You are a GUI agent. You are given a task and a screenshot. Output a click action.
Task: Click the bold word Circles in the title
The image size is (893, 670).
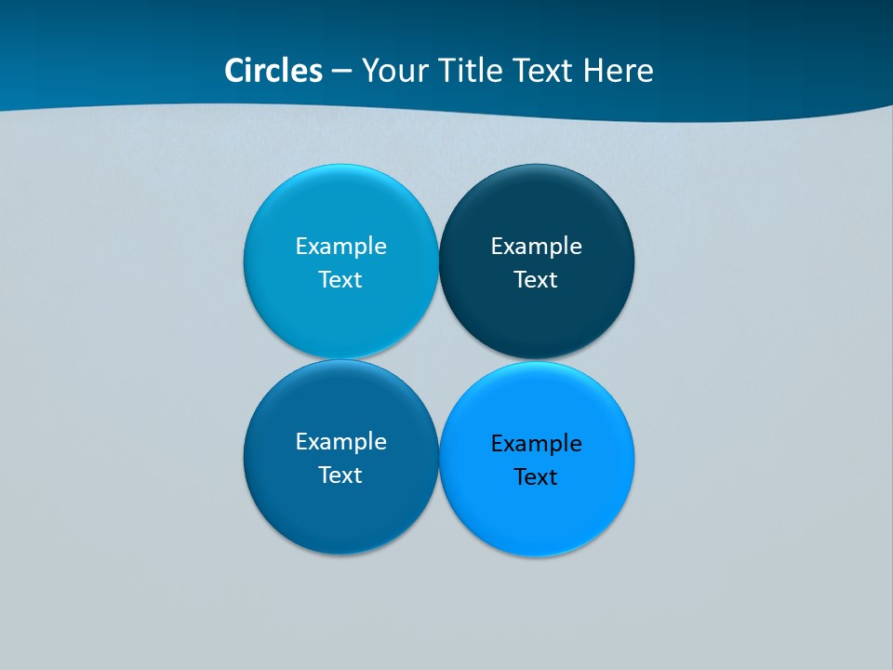273,71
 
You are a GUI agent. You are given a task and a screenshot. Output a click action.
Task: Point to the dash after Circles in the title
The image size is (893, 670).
340,72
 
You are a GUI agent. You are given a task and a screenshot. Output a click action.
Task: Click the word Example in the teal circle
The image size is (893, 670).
340,246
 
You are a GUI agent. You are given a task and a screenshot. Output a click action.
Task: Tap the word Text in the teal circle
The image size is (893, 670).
340,279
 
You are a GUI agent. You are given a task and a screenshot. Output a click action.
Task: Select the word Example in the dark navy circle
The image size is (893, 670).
536,246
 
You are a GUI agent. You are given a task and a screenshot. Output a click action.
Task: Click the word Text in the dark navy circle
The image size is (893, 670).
536,279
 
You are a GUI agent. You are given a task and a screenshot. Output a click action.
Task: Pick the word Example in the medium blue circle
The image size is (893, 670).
340,441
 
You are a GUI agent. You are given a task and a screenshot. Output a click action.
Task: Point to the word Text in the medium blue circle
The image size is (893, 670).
340,475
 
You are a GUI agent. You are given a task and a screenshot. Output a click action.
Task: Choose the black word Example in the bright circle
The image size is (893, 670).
536,443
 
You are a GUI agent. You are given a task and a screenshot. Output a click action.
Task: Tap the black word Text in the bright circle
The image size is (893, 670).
536,476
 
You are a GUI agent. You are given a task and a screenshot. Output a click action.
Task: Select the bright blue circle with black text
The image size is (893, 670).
537,521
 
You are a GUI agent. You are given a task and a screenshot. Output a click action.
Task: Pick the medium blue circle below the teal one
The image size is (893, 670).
340,516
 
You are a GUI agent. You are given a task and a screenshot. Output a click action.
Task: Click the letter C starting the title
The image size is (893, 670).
234,71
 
